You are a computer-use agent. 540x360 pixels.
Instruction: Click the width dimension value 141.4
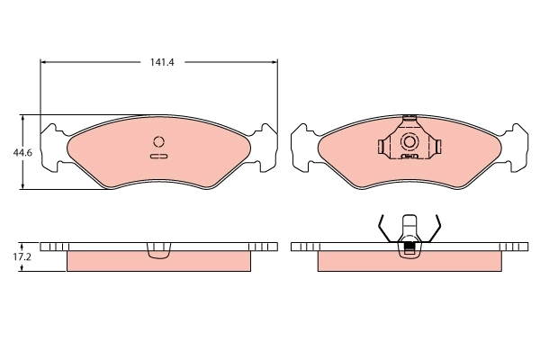click(x=161, y=62)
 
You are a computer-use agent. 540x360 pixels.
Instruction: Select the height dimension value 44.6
click(x=22, y=152)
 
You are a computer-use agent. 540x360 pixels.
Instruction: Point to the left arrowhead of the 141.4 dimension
click(x=46, y=62)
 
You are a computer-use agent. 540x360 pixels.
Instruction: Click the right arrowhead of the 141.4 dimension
click(x=274, y=62)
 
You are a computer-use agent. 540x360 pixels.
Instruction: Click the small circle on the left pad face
click(x=159, y=141)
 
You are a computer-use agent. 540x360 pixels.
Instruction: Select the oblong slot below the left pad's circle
click(x=159, y=157)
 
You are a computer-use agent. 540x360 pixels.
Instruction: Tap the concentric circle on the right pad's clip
click(x=409, y=142)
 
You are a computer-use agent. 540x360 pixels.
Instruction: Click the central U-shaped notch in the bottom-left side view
click(x=159, y=249)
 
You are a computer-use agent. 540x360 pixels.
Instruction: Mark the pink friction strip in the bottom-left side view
click(x=159, y=262)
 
